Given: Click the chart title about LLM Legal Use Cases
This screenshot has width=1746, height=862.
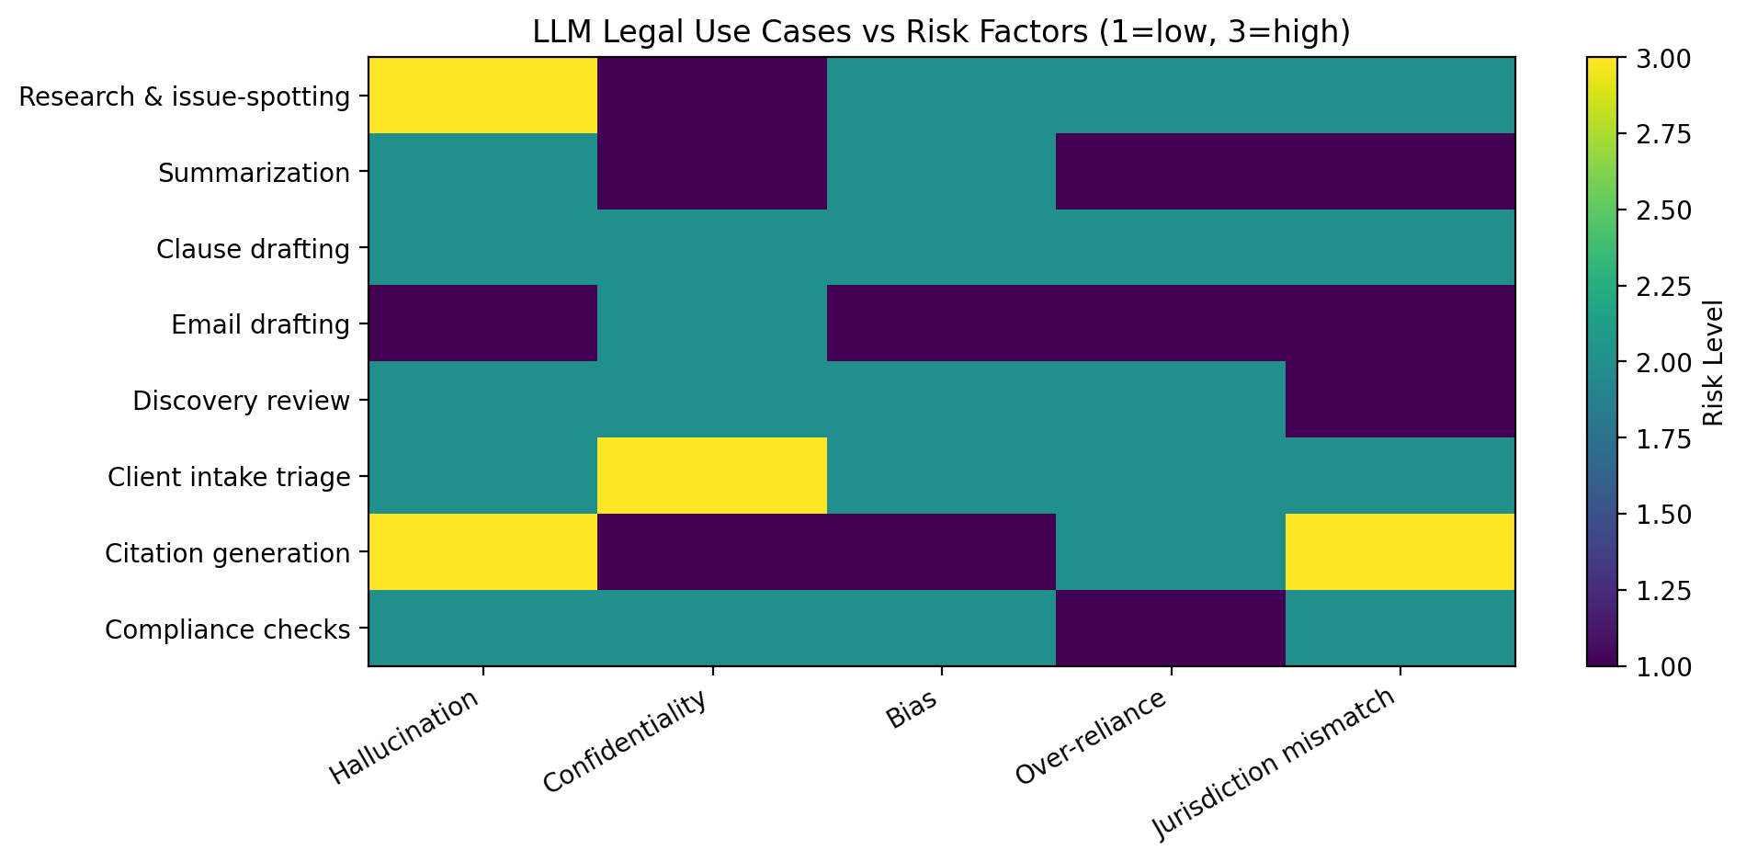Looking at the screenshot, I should coord(941,32).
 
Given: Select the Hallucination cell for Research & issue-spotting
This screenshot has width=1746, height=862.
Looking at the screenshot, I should coord(483,96).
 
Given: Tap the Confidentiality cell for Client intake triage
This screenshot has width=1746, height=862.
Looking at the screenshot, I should coord(712,476).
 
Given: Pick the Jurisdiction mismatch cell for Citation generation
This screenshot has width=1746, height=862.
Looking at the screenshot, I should coord(1400,552).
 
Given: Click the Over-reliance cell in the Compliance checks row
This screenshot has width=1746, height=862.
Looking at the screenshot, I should coord(1171,629).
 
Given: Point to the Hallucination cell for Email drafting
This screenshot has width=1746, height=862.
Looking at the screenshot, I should coord(483,323).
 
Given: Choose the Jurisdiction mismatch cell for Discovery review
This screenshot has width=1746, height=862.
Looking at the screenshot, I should coord(1400,400).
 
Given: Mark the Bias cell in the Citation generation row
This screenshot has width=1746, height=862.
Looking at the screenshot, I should coord(942,552).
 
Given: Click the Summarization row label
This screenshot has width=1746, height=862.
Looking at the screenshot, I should coord(254,173).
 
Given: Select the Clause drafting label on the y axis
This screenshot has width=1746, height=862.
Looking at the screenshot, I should coord(253,249).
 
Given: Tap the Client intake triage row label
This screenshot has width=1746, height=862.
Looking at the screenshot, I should coord(229,477).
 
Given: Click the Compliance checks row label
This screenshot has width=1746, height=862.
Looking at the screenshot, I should coord(227,629).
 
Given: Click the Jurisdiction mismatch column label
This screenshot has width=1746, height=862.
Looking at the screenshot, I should coord(1275,762).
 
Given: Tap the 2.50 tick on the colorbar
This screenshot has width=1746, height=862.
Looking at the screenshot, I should coord(1663,210).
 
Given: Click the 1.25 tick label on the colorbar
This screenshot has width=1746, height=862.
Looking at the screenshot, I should coord(1663,590).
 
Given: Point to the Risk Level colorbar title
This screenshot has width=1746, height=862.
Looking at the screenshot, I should coord(1712,362).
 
